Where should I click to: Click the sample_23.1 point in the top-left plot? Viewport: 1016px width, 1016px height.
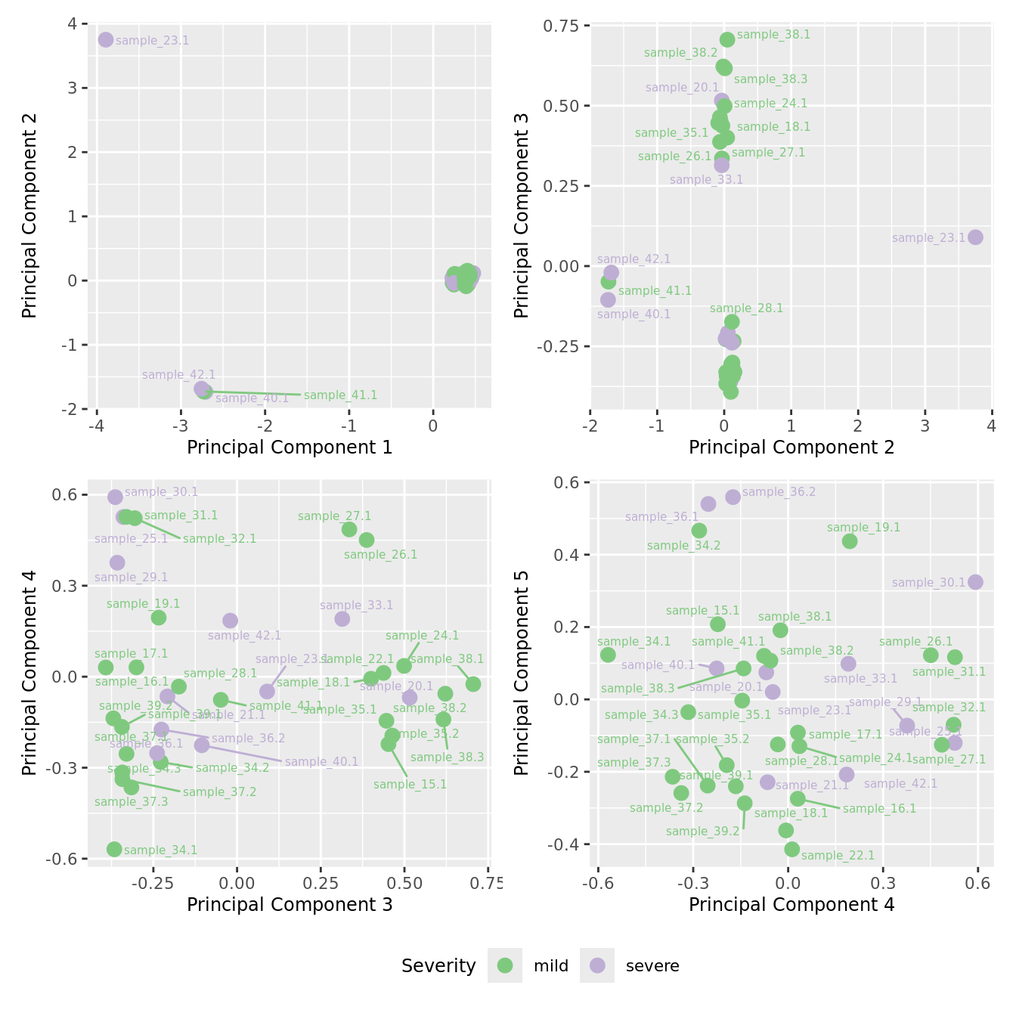[x=106, y=39]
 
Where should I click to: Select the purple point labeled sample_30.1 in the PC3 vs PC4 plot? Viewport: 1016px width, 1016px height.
[x=115, y=497]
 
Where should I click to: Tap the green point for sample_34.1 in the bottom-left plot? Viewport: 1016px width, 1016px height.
[x=114, y=849]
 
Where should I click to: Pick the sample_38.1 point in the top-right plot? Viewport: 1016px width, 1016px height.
[x=727, y=39]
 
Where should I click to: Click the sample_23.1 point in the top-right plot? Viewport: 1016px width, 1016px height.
[x=975, y=237]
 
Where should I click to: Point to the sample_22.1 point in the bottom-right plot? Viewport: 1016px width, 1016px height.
[x=792, y=849]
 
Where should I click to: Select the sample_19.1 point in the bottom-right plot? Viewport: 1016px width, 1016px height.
[x=850, y=541]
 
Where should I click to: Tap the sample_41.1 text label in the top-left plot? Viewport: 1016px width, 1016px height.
[x=340, y=395]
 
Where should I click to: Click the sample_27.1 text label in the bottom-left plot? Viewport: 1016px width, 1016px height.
[x=334, y=516]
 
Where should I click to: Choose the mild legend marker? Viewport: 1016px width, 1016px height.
[x=505, y=965]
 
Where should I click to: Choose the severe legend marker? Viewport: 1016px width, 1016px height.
[x=597, y=965]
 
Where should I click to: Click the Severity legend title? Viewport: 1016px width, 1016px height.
[x=438, y=966]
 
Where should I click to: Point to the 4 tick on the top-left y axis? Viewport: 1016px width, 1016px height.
[x=73, y=24]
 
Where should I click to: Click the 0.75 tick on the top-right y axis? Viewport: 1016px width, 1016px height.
[x=561, y=26]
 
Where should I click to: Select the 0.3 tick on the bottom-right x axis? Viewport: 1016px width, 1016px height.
[x=883, y=883]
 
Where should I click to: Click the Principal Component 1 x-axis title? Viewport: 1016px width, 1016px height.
[x=290, y=448]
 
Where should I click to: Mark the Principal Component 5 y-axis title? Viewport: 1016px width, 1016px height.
[x=522, y=672]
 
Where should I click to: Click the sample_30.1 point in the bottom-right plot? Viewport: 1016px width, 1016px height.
[x=975, y=582]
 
